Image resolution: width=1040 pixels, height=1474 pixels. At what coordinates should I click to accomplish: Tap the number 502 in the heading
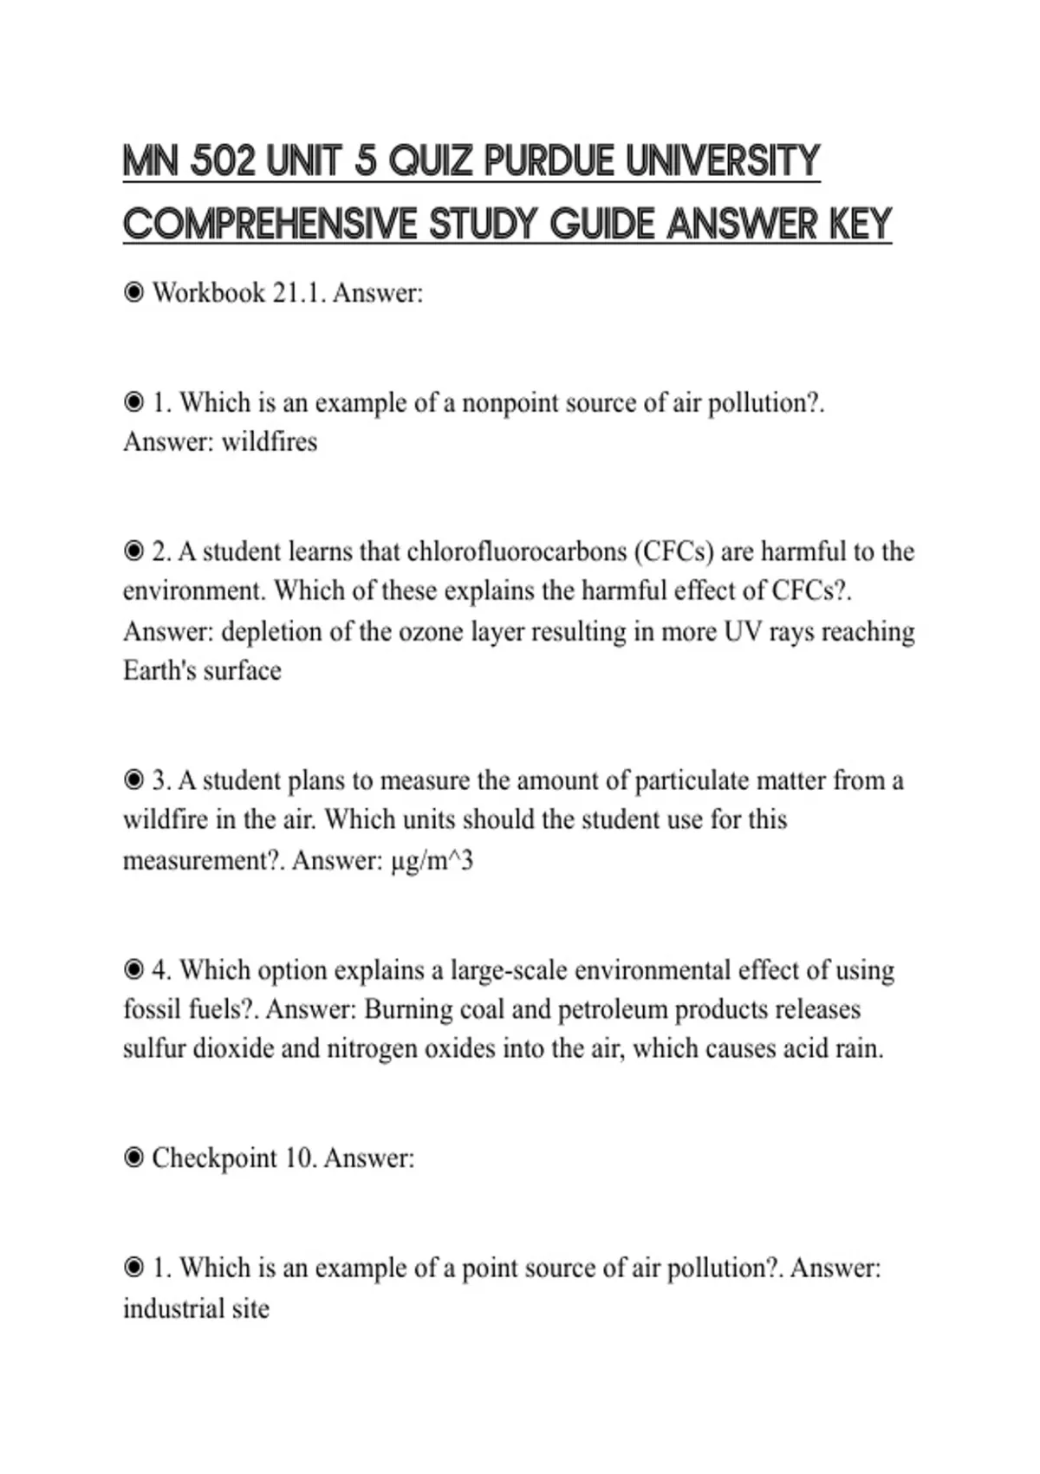(x=223, y=161)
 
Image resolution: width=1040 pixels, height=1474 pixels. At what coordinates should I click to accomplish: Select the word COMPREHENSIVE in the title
(x=270, y=225)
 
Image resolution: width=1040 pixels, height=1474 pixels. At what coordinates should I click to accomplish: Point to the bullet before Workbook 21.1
(x=133, y=293)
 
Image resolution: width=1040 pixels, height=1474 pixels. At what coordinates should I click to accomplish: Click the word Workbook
(x=209, y=293)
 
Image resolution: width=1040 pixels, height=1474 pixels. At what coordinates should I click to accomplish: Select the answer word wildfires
(x=270, y=442)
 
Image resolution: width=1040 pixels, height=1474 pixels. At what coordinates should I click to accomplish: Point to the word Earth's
(x=159, y=671)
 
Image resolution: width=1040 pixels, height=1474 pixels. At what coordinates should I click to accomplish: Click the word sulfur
(x=153, y=1048)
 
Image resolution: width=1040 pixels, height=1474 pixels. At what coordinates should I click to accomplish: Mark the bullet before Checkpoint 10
(x=133, y=1158)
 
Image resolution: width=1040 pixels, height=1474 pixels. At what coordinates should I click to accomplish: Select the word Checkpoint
(x=214, y=1158)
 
